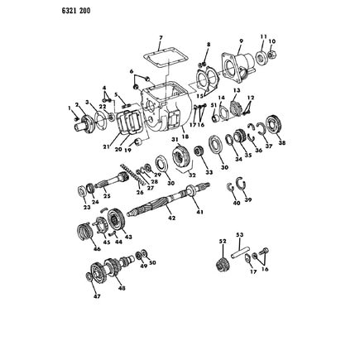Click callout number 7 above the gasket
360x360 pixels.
click(x=161, y=38)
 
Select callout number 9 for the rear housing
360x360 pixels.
click(x=240, y=41)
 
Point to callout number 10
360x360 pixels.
click(x=272, y=41)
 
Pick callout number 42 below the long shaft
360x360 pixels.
click(x=171, y=218)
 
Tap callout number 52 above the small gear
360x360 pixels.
click(x=221, y=241)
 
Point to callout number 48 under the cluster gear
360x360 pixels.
click(x=122, y=289)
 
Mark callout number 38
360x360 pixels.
click(x=282, y=142)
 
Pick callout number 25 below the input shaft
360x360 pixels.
click(x=107, y=197)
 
